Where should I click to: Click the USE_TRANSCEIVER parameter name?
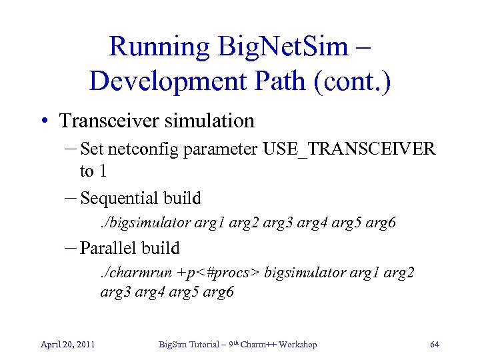[349, 149]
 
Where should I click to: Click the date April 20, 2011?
[67, 345]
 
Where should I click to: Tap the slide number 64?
[435, 345]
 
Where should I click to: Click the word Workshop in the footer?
[297, 345]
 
